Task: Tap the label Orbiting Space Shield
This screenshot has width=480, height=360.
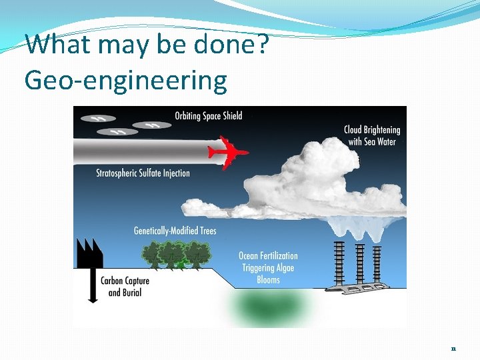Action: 208,116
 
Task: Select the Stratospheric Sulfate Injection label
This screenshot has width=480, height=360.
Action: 143,173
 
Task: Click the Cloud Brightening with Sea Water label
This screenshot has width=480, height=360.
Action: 371,135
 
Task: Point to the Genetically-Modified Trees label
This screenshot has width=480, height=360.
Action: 175,231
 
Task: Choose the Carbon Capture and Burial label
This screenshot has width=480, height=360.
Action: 125,287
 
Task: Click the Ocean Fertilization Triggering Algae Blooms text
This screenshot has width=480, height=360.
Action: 268,267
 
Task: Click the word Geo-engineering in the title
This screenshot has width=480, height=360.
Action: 125,81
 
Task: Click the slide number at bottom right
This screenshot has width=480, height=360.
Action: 453,349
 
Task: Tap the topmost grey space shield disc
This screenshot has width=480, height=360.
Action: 98,118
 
